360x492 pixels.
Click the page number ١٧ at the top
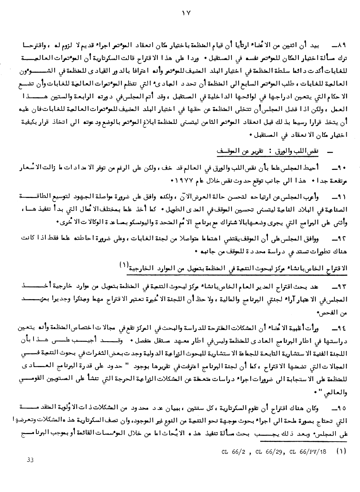coord(185,14)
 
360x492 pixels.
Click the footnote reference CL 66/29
coord(264,451)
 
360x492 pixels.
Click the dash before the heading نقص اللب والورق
coord(329,153)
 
